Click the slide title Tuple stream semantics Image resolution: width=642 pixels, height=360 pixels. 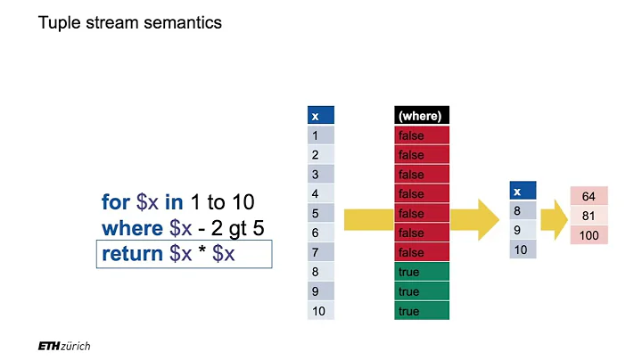click(130, 23)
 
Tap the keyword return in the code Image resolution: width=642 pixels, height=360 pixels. click(133, 254)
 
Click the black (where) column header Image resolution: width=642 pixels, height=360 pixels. click(422, 116)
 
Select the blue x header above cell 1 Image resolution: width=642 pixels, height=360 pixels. click(320, 116)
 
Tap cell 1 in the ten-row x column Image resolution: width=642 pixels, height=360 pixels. click(320, 135)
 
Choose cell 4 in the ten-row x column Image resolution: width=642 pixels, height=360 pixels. click(320, 193)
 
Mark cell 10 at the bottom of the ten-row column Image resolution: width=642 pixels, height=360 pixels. click(320, 311)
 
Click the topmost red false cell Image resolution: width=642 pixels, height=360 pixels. click(422, 135)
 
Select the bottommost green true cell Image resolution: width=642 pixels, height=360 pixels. click(422, 311)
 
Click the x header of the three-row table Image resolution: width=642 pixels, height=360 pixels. click(523, 190)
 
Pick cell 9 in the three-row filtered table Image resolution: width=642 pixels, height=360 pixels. click(523, 229)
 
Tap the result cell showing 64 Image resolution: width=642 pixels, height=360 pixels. click(588, 195)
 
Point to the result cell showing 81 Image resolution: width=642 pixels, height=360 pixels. click(588, 215)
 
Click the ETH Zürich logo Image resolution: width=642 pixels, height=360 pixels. click(64, 345)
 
